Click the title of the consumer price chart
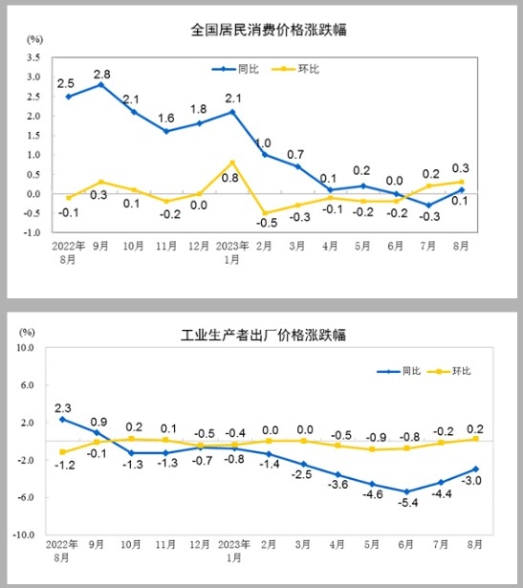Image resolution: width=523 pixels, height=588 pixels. pos(269,30)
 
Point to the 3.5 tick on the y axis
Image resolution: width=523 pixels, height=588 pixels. pos(34,56)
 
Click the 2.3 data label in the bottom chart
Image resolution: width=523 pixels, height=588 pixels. pos(62,405)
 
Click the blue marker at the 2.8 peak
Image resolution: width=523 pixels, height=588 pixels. pos(101,85)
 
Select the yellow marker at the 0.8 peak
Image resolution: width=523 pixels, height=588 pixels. pos(232,163)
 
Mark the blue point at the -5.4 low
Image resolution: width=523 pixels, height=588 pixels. pos(406,491)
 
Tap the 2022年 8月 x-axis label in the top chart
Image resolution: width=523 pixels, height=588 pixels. pos(68,250)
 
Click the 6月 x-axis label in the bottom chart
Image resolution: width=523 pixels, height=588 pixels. pos(406,547)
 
